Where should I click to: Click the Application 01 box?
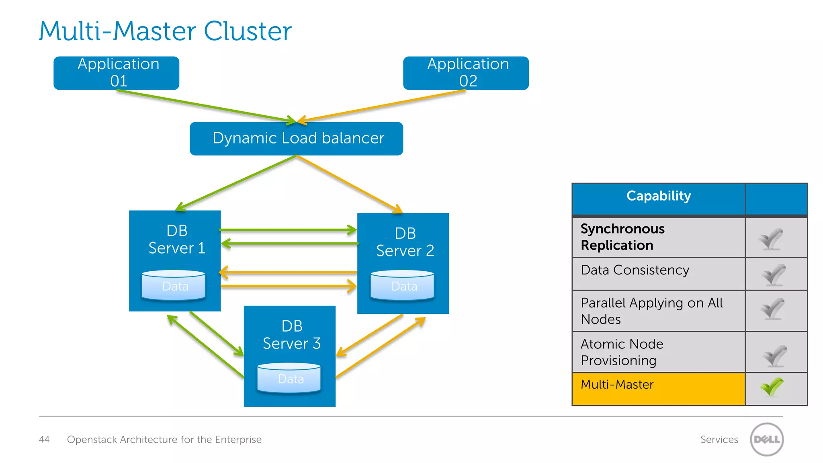(x=116, y=73)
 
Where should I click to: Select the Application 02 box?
(x=466, y=73)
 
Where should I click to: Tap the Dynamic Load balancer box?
(x=296, y=138)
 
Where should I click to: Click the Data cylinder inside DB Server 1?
(x=174, y=285)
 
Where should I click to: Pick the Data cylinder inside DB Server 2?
(x=402, y=285)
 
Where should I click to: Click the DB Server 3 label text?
(x=292, y=334)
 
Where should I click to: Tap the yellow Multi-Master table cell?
(x=658, y=389)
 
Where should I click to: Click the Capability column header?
(x=658, y=196)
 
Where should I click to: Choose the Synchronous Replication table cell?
(x=658, y=237)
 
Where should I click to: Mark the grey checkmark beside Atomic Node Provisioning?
(x=774, y=356)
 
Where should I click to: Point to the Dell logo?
(x=767, y=439)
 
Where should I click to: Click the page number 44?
(x=44, y=439)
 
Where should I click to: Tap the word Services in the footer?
(x=719, y=439)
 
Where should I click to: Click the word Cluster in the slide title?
(x=248, y=31)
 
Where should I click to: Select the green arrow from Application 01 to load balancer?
(x=205, y=105)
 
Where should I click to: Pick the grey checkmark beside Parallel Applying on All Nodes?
(x=773, y=309)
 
